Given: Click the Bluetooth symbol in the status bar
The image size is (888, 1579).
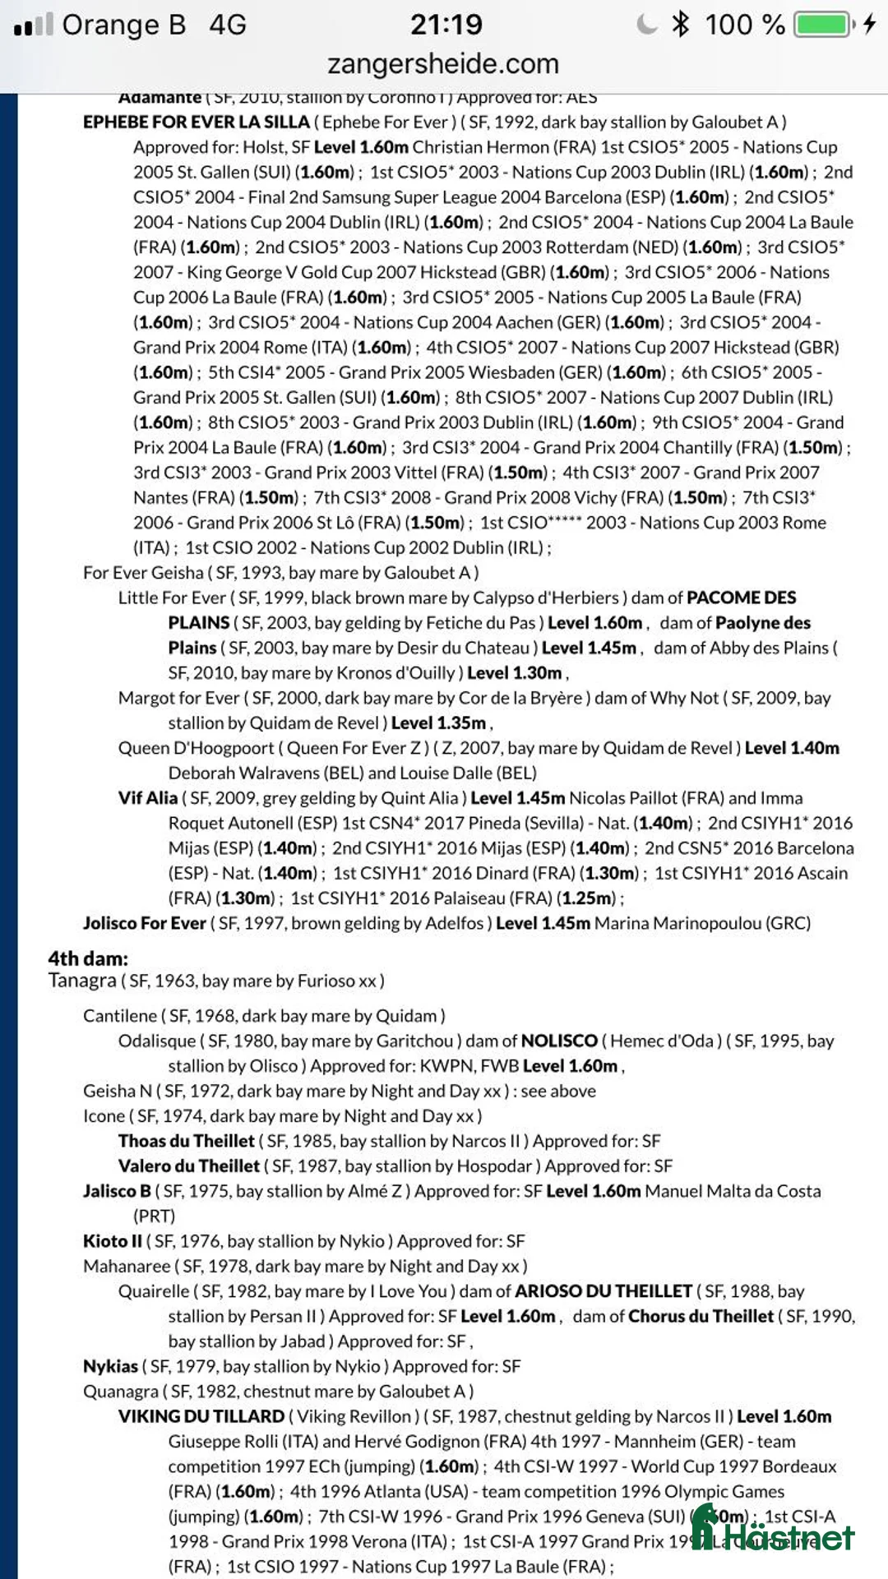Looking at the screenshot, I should point(680,24).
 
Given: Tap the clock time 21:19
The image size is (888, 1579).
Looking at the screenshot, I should point(446,24).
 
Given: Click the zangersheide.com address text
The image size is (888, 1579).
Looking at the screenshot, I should point(443,63).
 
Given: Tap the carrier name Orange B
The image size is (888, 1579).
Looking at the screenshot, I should point(123,25).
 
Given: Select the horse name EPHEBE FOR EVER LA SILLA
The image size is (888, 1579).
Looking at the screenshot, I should point(196,122).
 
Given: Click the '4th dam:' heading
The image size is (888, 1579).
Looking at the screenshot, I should point(88,958).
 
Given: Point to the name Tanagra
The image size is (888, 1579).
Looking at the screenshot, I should point(82,981).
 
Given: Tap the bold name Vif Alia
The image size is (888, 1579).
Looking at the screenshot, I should point(147,797).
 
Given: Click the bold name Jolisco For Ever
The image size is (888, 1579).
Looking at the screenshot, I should point(144,923).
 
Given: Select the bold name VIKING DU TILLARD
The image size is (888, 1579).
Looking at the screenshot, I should point(201,1416).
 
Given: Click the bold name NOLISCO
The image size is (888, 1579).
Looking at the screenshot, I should point(559,1041).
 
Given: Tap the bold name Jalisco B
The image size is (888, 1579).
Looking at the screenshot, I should point(117,1191).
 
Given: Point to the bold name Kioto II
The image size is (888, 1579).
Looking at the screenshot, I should point(112,1241).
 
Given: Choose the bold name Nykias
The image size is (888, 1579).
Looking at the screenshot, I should point(110,1366).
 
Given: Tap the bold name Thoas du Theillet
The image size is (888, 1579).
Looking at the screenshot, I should point(186,1141).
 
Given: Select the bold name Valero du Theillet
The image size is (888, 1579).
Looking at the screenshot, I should point(188,1166).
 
